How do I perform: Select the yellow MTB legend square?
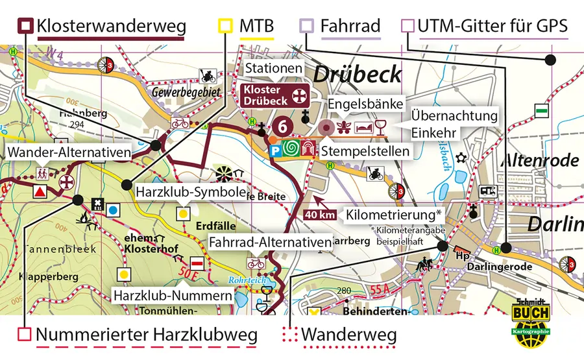[225, 27]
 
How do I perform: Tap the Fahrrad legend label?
[350, 27]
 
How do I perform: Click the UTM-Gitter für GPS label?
[493, 27]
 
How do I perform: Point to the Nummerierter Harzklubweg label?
[147, 335]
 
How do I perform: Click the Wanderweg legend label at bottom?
[349, 335]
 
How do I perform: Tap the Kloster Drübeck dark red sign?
[273, 95]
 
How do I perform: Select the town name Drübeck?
[358, 74]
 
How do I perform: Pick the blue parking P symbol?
[275, 150]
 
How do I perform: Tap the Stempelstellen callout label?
[365, 151]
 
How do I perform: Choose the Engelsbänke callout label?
[366, 104]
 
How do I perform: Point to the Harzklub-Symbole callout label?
[190, 193]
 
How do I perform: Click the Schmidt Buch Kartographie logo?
[531, 318]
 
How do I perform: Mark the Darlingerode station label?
[509, 267]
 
